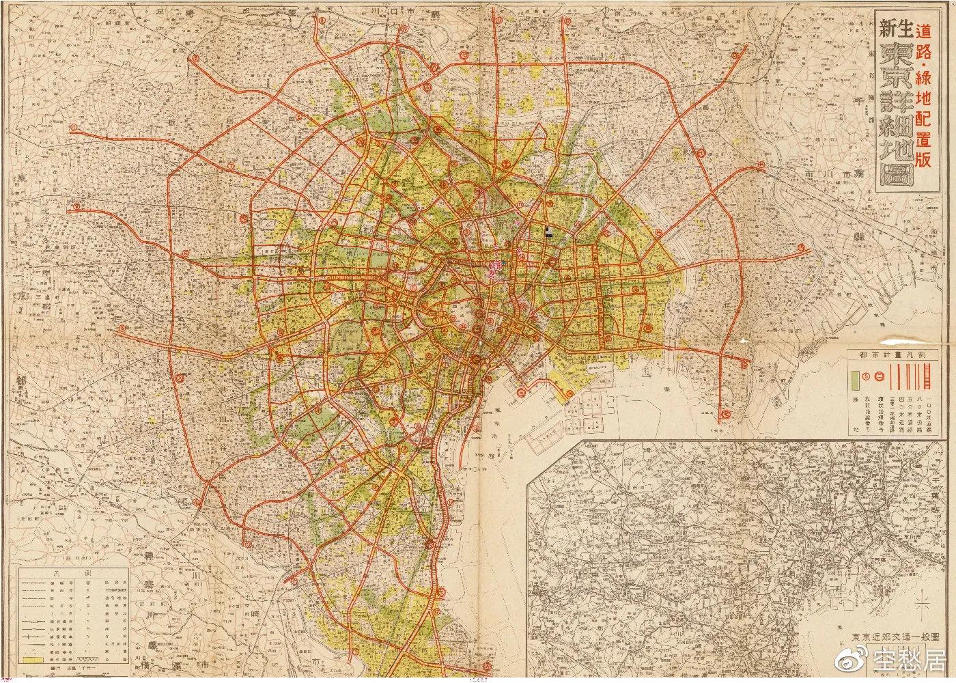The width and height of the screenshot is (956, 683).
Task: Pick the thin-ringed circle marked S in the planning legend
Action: point(866,376)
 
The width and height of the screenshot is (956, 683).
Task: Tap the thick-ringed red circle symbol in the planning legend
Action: point(880,376)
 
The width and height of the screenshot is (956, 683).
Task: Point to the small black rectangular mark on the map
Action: point(548,232)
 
